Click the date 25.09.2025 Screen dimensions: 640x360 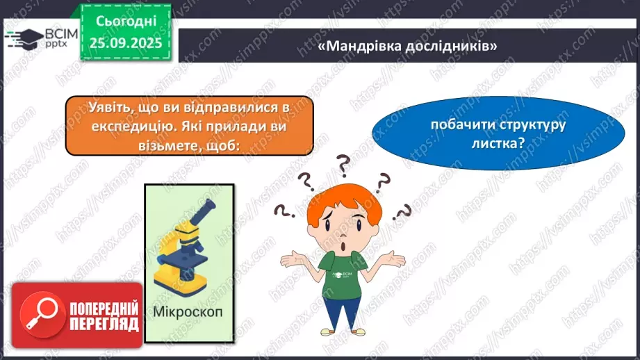126,43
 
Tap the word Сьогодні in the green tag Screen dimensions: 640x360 126,22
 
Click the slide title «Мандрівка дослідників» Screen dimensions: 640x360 407,46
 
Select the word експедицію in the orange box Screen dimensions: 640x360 133,126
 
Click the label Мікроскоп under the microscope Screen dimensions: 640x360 188,312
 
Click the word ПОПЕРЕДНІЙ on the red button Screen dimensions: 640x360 104,309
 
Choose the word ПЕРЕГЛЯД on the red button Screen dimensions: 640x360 104,325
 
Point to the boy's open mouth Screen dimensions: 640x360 344,247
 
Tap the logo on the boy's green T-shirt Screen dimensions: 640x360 342,275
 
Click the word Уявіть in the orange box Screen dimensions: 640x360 108,108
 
